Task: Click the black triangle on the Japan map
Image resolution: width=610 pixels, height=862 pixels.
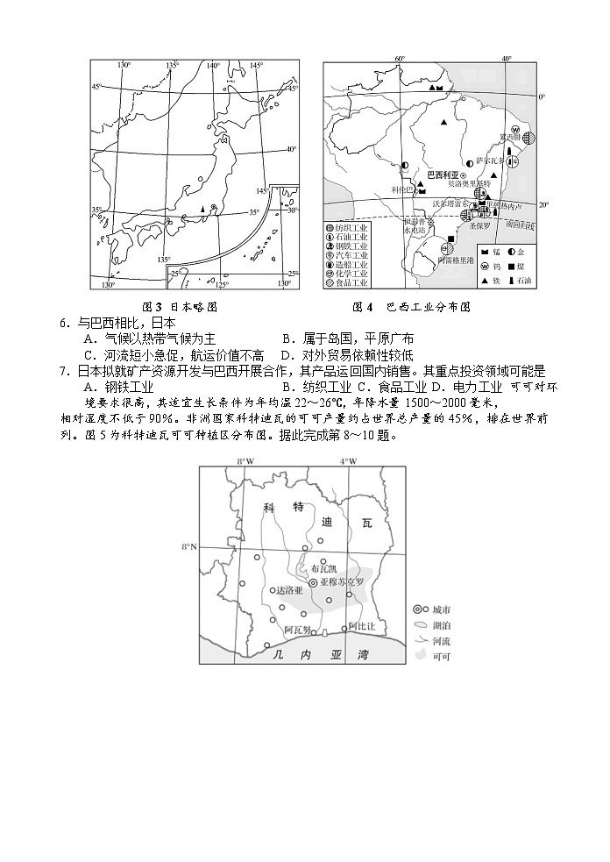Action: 203,209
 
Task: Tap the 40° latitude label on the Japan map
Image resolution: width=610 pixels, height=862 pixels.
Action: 291,149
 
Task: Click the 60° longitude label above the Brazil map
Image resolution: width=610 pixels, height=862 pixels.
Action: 400,59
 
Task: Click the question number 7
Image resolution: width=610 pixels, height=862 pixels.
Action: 64,370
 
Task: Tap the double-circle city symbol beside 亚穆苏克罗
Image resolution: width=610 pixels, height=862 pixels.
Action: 313,582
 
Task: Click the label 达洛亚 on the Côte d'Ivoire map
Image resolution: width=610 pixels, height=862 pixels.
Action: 289,590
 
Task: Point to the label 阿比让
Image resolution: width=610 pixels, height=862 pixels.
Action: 362,626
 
